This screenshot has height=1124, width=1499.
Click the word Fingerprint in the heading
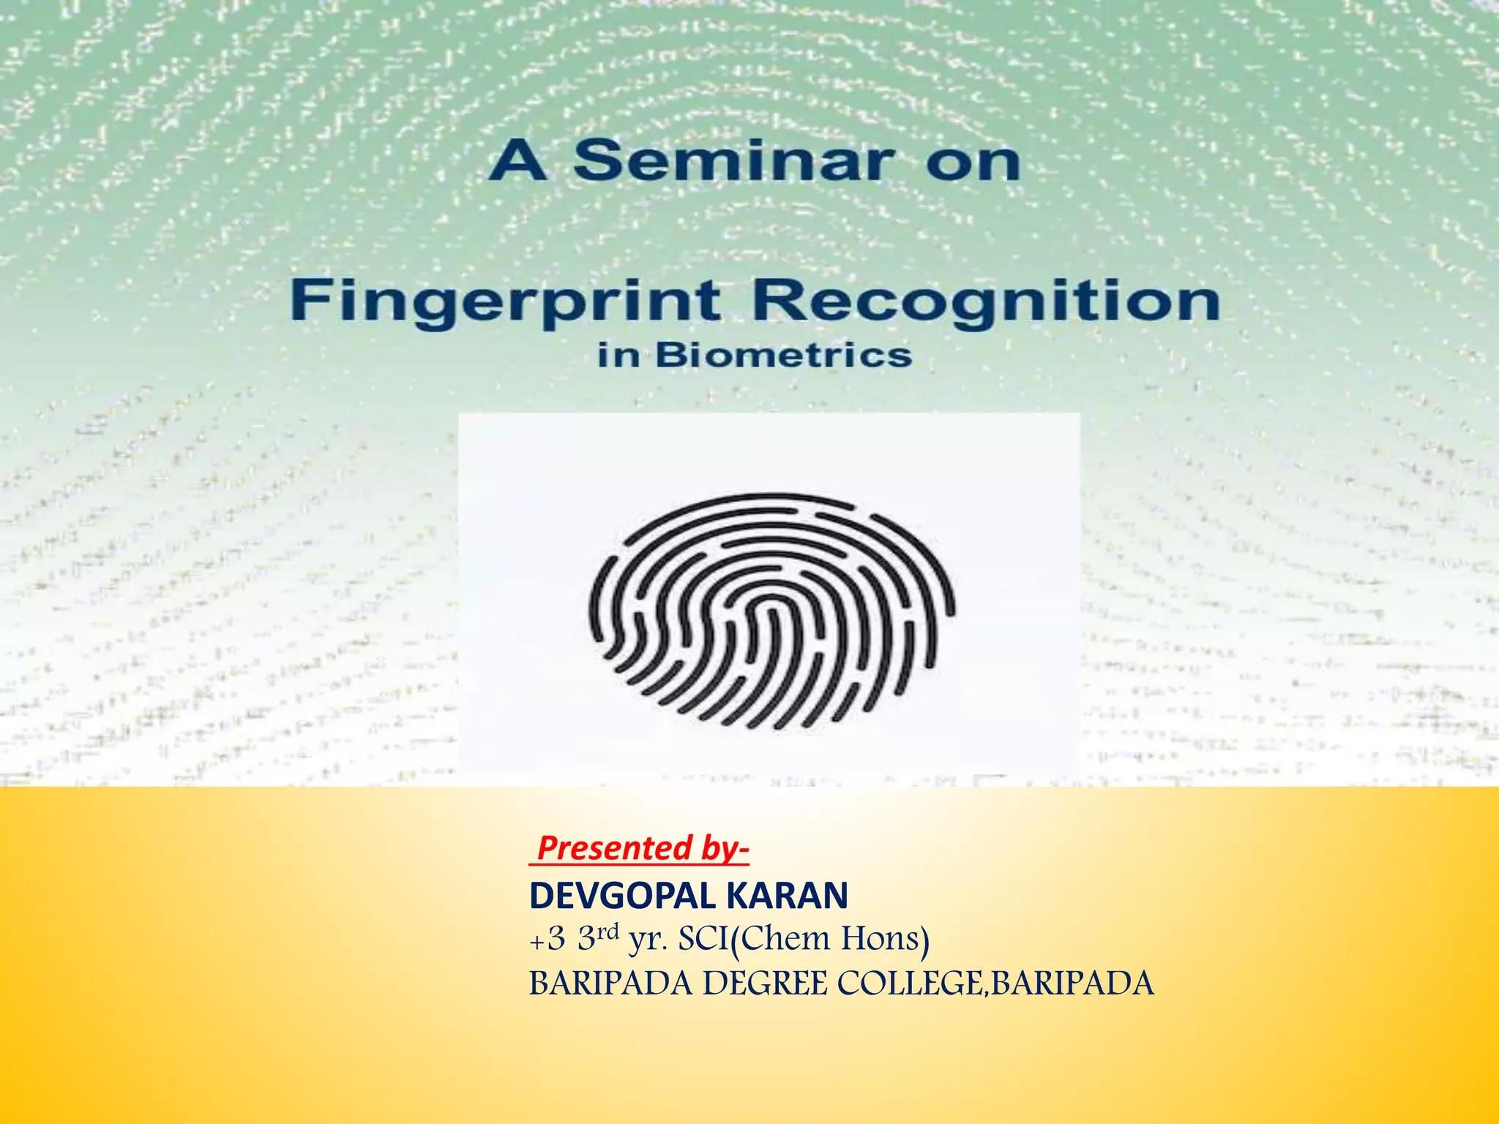pos(506,302)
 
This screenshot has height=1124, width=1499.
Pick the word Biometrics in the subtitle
pos(783,356)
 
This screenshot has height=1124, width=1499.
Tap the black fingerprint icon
pos(772,611)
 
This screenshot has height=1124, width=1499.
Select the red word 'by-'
pos(725,848)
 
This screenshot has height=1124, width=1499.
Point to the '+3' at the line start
pos(547,940)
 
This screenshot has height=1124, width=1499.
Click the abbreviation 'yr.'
pos(648,941)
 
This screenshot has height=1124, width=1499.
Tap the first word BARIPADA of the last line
pos(610,984)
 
